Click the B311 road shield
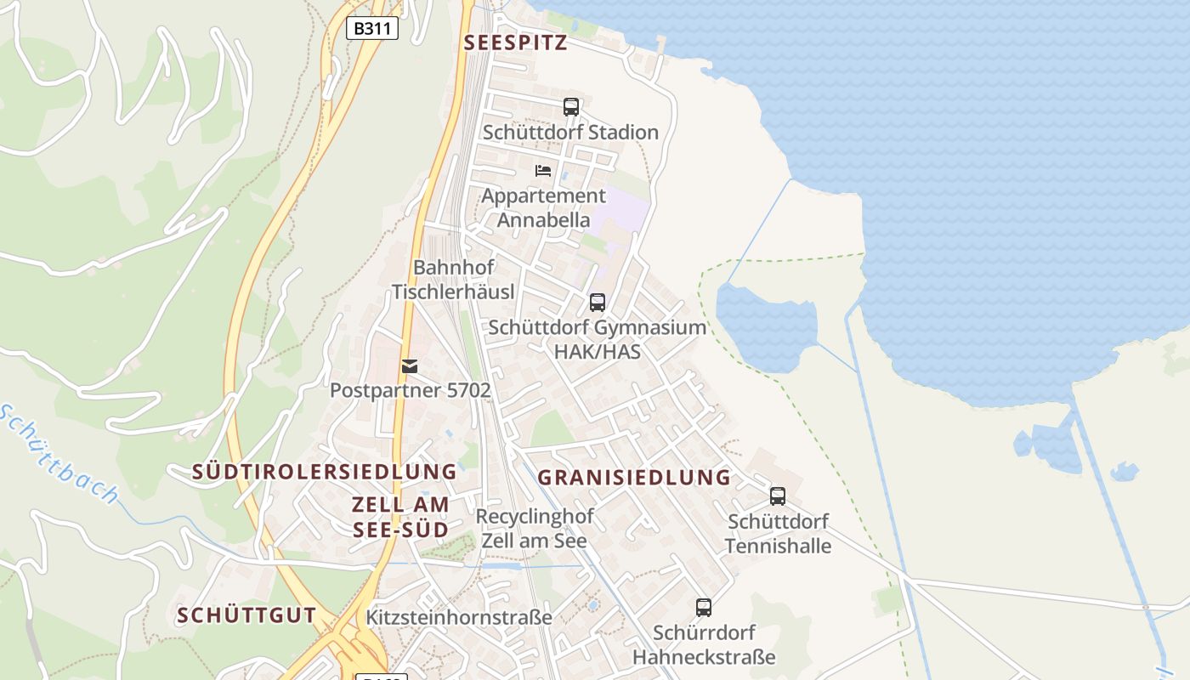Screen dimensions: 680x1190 point(372,28)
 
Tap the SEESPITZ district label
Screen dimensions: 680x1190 point(515,43)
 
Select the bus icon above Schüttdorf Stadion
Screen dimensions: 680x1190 point(571,107)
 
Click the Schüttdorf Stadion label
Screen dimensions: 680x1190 point(570,132)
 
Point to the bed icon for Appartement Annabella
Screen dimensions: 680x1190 point(543,171)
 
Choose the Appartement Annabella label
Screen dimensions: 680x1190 point(543,207)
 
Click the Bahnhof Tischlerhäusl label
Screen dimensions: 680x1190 point(453,280)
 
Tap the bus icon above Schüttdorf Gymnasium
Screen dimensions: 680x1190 point(598,303)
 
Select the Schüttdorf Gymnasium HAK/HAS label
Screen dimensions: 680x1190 point(597,339)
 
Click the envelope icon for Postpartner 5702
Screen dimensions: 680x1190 point(410,366)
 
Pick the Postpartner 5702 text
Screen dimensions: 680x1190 point(411,390)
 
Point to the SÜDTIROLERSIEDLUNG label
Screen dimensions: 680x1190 point(325,471)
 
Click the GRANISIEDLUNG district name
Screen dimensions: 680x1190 point(634,477)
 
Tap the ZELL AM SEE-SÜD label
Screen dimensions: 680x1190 point(400,516)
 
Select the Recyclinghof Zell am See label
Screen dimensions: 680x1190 point(535,528)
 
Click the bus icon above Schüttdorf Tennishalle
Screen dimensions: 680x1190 point(778,496)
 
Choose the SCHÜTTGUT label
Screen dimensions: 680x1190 point(246,615)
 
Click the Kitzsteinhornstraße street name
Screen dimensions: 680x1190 point(459,617)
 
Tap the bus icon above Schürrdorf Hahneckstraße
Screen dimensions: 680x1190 point(704,608)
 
